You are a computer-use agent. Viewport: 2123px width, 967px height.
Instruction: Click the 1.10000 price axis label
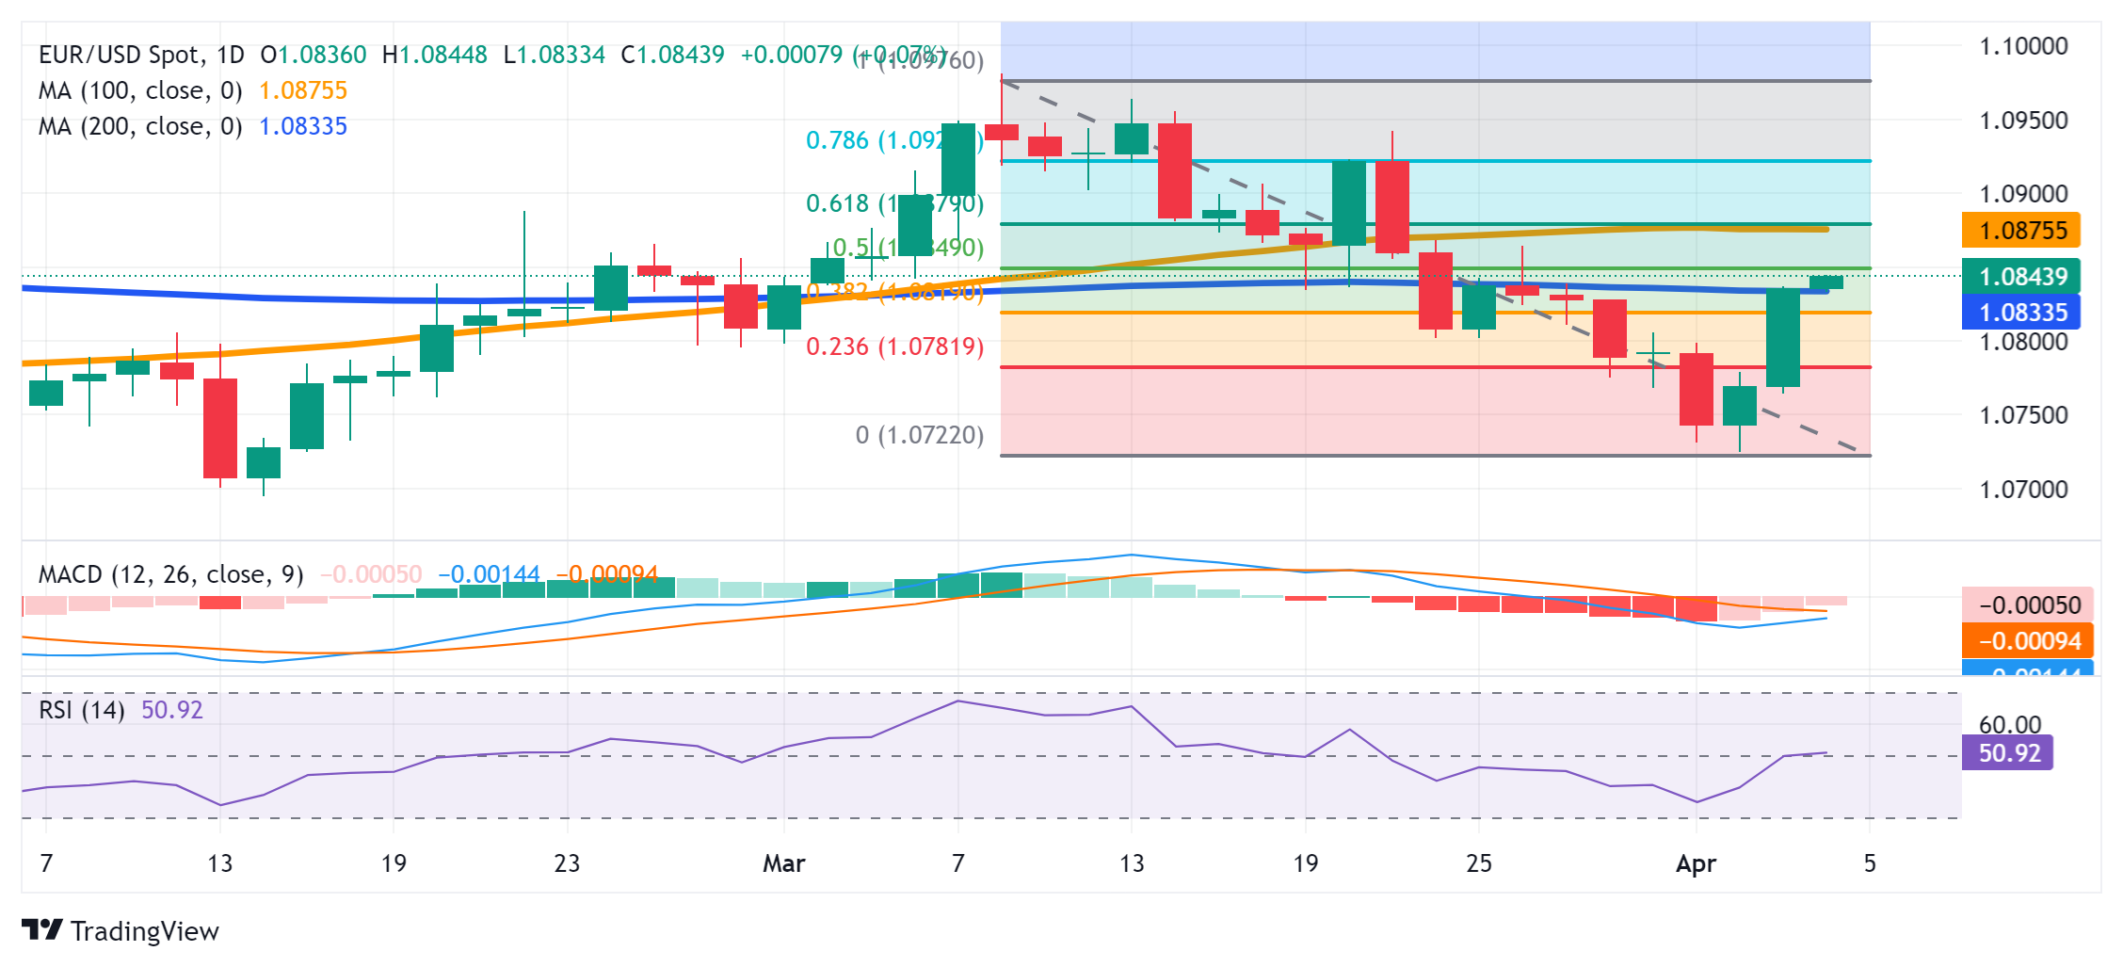pos(2023,46)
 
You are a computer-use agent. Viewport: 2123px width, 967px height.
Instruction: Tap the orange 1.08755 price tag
pos(2021,231)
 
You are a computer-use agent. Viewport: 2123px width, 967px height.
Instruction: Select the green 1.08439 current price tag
pos(2021,277)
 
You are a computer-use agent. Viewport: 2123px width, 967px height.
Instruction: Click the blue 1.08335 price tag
pos(2021,313)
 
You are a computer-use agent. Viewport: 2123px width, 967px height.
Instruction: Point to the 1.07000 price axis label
pos(2023,490)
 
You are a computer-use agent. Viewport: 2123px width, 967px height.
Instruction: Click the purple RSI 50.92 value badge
pos(2008,753)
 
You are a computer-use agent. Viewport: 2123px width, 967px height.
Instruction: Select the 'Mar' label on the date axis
pos(783,863)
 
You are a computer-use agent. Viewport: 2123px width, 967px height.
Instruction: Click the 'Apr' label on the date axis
pos(1696,863)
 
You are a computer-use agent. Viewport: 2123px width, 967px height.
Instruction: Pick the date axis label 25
pos(1479,863)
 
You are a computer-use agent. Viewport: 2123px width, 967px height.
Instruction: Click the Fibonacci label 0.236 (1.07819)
pos(894,347)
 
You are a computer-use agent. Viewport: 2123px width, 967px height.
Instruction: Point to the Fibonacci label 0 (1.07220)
pos(919,435)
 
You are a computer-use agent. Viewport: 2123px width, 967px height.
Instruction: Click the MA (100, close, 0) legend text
pos(139,90)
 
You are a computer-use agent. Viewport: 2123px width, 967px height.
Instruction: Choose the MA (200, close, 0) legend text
pos(139,126)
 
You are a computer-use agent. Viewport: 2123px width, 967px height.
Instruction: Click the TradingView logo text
pos(143,931)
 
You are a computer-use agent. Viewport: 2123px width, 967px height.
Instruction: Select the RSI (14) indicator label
pos(82,710)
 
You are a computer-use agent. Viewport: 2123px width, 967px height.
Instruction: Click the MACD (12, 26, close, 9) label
pos(170,574)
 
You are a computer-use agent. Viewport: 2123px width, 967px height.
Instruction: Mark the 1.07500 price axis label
pos(2023,415)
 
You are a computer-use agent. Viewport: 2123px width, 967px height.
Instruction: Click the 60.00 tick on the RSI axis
pos(2010,725)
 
